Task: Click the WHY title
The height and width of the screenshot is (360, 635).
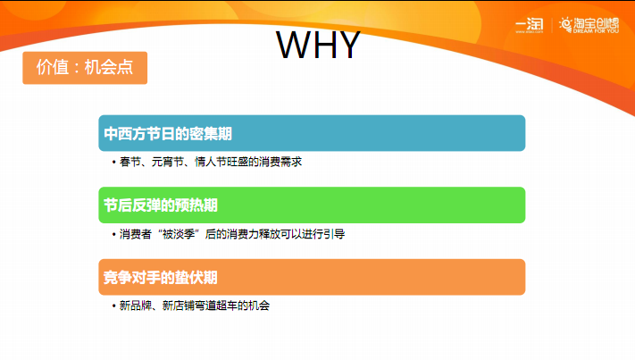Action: click(x=318, y=45)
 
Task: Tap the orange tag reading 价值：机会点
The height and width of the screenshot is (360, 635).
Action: click(x=85, y=68)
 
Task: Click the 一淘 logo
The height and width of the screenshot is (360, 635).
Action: click(x=530, y=26)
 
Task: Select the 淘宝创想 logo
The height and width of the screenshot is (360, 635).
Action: click(x=589, y=25)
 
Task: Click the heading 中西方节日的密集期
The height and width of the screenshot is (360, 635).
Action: click(x=168, y=134)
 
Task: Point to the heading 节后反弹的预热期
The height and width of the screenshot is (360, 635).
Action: click(x=161, y=205)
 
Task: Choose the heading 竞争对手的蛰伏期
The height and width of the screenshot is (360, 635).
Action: click(x=161, y=278)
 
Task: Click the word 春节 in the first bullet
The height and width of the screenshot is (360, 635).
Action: click(x=130, y=162)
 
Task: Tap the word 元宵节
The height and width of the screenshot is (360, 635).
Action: click(x=168, y=162)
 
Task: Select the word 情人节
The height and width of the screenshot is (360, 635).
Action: click(x=211, y=162)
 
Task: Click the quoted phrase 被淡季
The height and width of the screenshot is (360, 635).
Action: click(x=179, y=234)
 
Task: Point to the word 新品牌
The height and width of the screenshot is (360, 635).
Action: click(x=135, y=306)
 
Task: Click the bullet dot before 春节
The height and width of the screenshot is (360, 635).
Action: click(x=113, y=163)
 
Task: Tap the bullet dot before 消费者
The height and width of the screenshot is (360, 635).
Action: click(x=113, y=234)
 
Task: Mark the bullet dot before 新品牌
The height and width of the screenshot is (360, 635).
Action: click(x=113, y=306)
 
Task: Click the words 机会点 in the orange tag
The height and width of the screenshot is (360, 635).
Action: click(x=109, y=67)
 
